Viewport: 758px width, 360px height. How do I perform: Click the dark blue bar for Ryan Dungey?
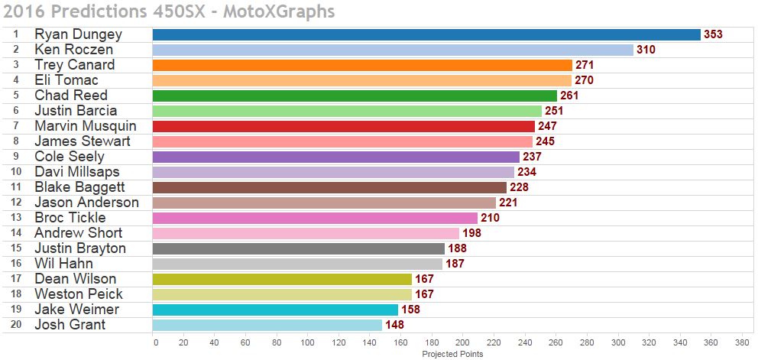[426, 34]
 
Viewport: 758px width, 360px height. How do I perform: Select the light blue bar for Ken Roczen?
[393, 50]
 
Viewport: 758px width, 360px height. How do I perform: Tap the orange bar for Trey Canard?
[362, 65]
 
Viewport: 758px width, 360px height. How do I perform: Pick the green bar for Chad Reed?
[355, 96]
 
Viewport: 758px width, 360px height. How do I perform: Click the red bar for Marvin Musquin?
[344, 126]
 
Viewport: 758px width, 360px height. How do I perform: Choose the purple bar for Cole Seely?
[336, 157]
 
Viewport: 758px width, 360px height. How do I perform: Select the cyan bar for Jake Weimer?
[275, 310]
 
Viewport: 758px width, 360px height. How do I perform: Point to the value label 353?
[713, 34]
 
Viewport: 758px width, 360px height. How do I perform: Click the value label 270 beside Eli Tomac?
[584, 80]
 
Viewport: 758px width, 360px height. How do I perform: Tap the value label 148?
[394, 325]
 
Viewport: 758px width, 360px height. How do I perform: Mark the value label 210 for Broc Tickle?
[490, 218]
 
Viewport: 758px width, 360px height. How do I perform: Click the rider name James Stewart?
[83, 141]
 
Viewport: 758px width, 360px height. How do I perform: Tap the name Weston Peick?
[79, 294]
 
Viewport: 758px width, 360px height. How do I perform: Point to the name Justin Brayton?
[80, 248]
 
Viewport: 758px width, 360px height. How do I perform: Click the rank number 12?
[15, 203]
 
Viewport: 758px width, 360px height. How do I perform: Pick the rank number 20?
[15, 325]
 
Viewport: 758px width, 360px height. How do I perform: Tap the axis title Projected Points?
[452, 354]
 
